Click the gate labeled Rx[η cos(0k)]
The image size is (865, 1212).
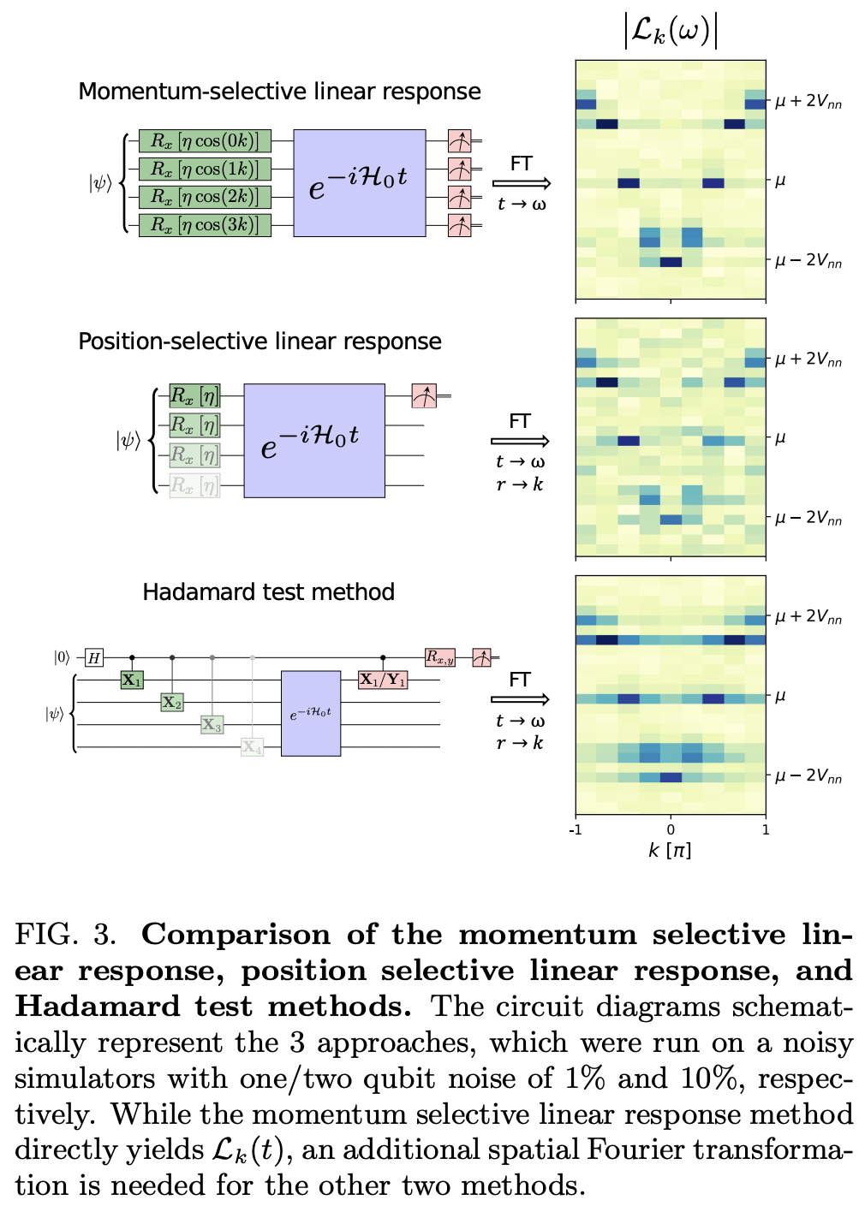pos(205,141)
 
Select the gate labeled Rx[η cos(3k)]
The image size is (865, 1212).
pos(205,225)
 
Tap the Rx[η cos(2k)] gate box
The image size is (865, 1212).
pos(205,197)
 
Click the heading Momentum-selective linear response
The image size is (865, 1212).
pos(279,92)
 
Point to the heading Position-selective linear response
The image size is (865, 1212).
pos(259,342)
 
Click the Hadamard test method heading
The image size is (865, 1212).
pos(268,592)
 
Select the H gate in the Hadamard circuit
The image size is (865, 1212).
pos(94,658)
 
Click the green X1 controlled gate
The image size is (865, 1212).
pos(131,680)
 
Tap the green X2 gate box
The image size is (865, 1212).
pos(172,703)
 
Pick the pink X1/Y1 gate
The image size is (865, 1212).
pos(382,680)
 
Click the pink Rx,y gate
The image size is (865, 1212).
pos(440,657)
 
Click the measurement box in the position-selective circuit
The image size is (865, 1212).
pos(424,395)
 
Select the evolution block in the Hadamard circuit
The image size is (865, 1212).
pos(311,714)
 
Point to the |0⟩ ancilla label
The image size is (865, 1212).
pos(62,657)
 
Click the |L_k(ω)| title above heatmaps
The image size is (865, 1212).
pos(671,32)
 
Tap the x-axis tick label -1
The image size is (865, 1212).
pos(576,829)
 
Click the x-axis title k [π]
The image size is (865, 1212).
pos(670,850)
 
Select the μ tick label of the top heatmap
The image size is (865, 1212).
pos(780,181)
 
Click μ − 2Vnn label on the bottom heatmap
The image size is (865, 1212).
pos(808,776)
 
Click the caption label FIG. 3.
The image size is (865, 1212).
pos(65,934)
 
